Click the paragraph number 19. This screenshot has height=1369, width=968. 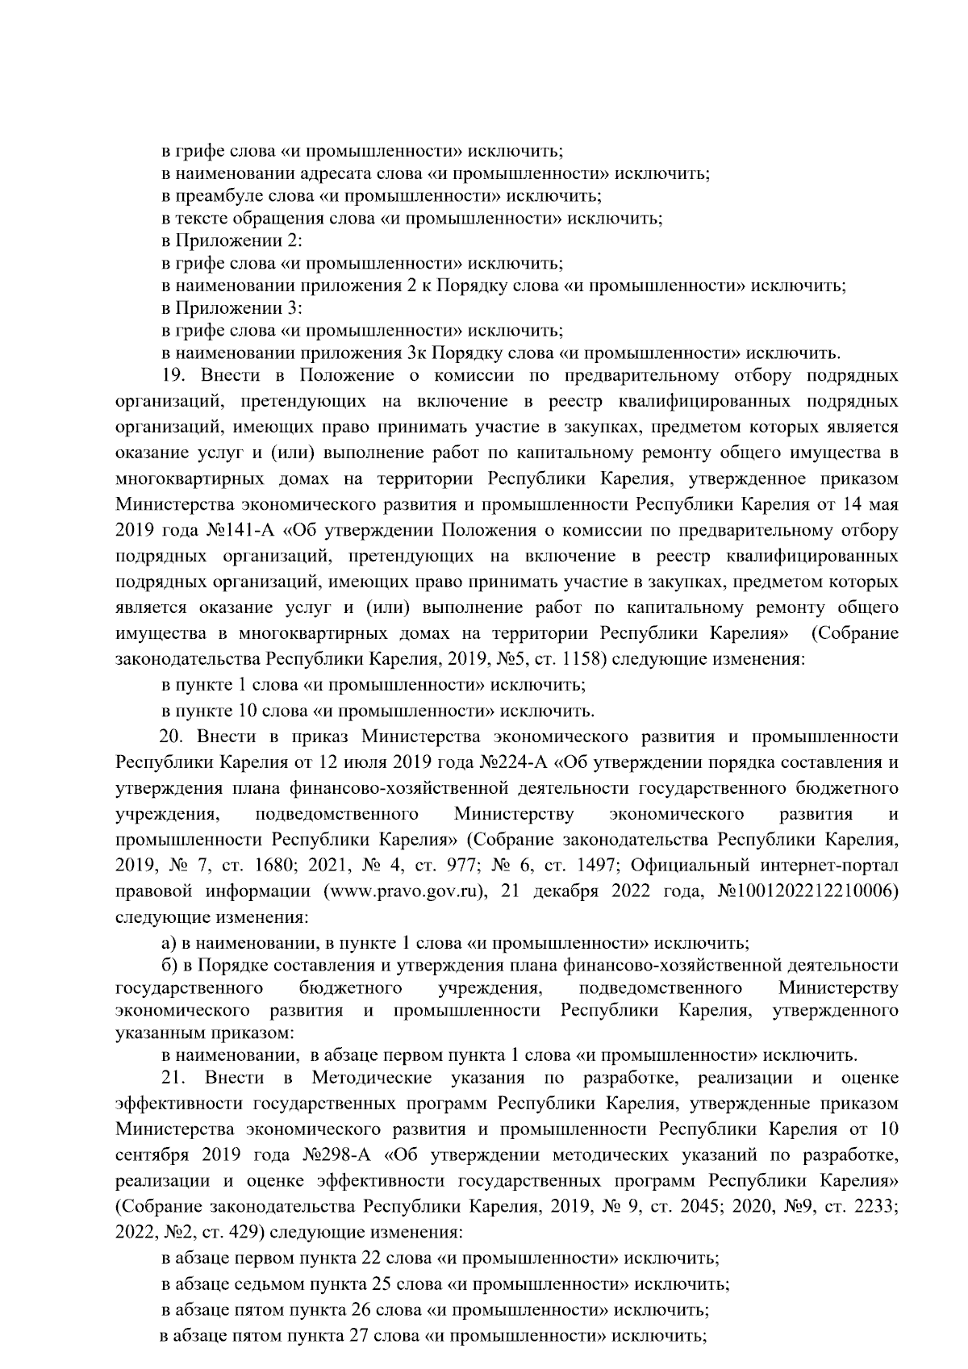pyautogui.click(x=173, y=376)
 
